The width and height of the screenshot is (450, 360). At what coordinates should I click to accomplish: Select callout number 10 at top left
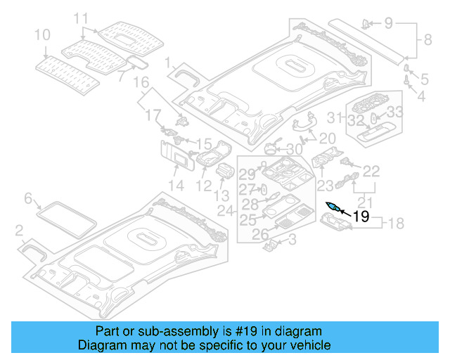tap(41, 34)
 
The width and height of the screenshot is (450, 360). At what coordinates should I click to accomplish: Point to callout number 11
tap(82, 18)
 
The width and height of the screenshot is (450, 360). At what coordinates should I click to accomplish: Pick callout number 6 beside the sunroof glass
tap(29, 198)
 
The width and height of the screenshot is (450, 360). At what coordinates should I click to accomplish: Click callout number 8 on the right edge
tap(427, 42)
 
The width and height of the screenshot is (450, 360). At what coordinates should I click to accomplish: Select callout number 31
tap(337, 117)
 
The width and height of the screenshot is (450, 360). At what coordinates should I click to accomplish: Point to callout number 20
tap(327, 138)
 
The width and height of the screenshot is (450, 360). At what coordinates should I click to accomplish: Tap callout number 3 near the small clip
tap(292, 240)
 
